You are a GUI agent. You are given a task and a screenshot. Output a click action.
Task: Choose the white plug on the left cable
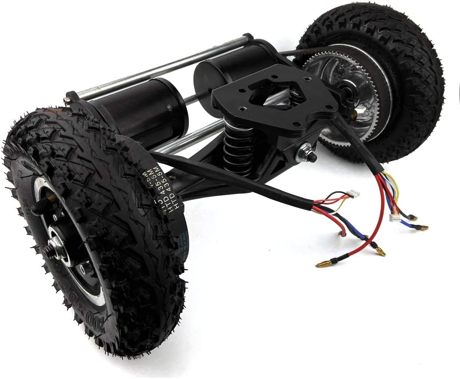(x=355, y=193)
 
